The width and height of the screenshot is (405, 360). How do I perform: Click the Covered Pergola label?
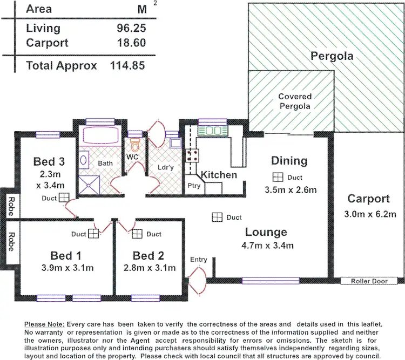pos(295,101)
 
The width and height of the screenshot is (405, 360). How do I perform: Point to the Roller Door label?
pos(369,281)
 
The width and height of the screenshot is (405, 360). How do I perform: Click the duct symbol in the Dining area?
pos(278,177)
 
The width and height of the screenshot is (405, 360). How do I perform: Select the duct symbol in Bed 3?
pos(64,198)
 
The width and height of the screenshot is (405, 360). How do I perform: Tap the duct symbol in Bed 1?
pos(94,234)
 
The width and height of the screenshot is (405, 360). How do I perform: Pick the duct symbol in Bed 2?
pos(137,234)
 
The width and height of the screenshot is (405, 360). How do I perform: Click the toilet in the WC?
pos(135,145)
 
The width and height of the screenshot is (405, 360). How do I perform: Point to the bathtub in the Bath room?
pos(99,137)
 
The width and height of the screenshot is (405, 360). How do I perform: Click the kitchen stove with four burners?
pos(191,155)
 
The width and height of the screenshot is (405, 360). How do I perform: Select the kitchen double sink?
pos(211,130)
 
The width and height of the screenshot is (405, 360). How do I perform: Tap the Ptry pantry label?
pos(193,186)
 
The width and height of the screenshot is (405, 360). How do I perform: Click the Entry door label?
pos(198,260)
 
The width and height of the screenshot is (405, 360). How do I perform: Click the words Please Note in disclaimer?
pos(45,324)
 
